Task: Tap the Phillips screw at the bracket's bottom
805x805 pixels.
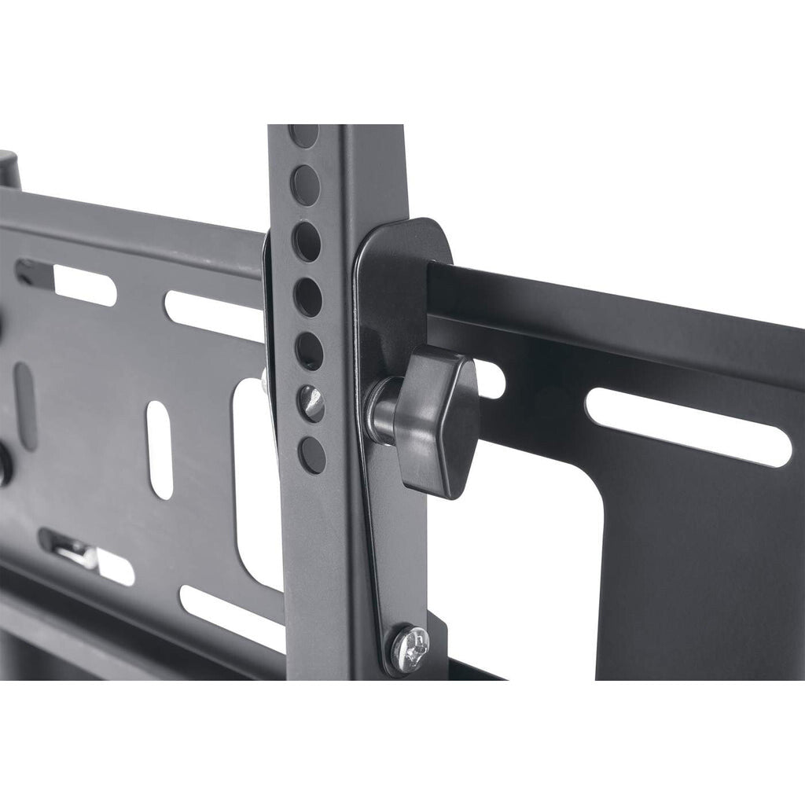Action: pos(410,646)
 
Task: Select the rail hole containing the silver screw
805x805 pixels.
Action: pos(311,403)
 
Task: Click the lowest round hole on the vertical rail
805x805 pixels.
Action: pos(311,454)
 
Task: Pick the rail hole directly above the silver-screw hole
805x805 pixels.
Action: pos(310,351)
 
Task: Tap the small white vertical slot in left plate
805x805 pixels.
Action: pos(160,449)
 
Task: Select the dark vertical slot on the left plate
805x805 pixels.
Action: pos(25,406)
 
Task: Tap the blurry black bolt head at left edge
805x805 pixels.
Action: pos(4,464)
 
